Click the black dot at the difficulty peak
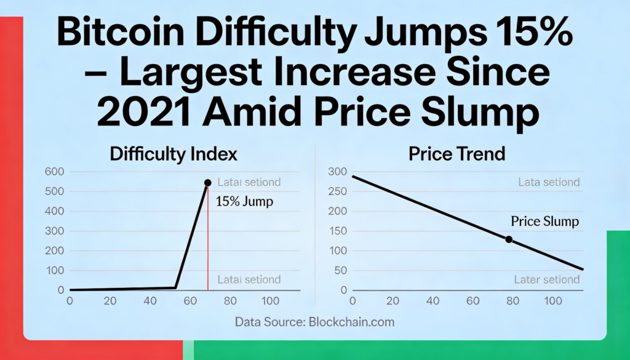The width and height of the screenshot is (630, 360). pyautogui.click(x=207, y=183)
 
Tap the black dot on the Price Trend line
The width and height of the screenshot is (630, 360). pyautogui.click(x=509, y=239)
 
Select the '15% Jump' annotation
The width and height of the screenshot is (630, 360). pyautogui.click(x=245, y=201)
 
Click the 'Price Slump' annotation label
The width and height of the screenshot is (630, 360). pyautogui.click(x=545, y=221)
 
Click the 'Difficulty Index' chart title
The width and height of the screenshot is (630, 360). pyautogui.click(x=173, y=154)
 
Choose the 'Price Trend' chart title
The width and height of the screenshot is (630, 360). pyautogui.click(x=457, y=154)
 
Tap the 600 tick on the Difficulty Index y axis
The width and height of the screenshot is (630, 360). pyautogui.click(x=55, y=172)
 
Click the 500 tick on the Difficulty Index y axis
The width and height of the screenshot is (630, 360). pyautogui.click(x=55, y=191)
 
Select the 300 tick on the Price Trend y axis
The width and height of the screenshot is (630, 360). pyautogui.click(x=337, y=172)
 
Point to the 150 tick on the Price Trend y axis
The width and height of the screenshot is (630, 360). pyautogui.click(x=337, y=231)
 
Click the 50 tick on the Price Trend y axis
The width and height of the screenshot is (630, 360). pyautogui.click(x=340, y=270)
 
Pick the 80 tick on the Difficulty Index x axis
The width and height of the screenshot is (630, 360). pyautogui.click(x=230, y=302)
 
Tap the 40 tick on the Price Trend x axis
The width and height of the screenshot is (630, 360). pyautogui.click(x=433, y=302)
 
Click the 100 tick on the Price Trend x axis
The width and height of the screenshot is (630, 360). pyautogui.click(x=553, y=302)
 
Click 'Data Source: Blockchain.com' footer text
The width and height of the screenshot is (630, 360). pyautogui.click(x=314, y=321)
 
